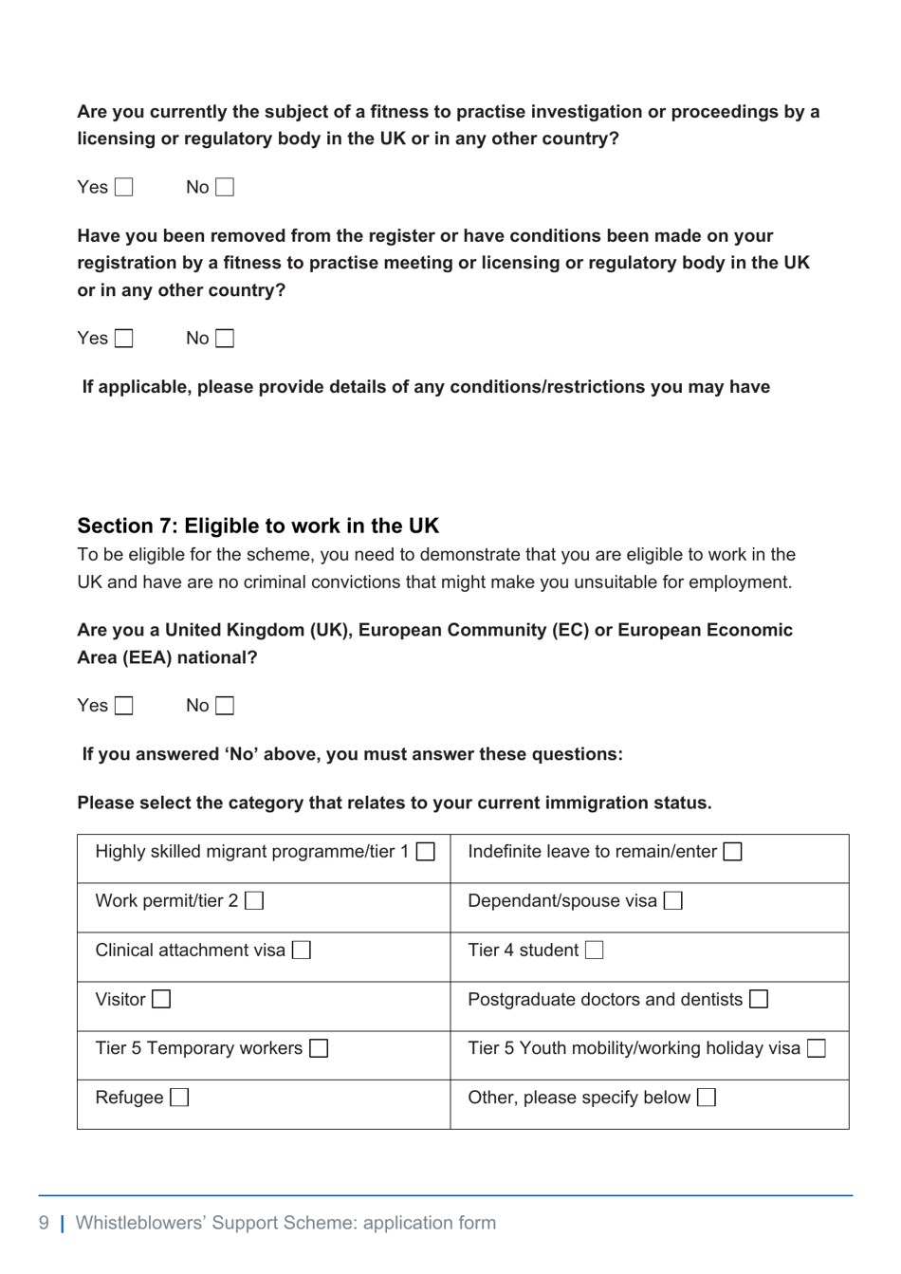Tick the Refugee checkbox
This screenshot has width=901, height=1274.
click(x=179, y=1098)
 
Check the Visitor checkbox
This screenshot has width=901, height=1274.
click(x=161, y=999)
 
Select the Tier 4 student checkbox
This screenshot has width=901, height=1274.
click(x=595, y=950)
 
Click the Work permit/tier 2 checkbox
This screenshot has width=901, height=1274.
click(x=254, y=900)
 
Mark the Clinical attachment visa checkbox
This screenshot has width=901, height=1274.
click(x=302, y=950)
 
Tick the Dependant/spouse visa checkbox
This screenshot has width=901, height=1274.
click(x=673, y=900)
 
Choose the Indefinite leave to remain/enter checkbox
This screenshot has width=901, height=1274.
click(x=733, y=852)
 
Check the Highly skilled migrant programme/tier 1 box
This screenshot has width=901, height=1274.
click(x=426, y=852)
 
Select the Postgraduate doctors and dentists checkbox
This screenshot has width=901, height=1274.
click(x=759, y=999)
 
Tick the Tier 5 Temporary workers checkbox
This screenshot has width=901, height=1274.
click(x=320, y=1048)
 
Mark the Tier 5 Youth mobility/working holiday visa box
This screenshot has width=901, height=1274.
click(x=817, y=1048)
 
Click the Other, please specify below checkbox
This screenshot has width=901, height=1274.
click(x=707, y=1098)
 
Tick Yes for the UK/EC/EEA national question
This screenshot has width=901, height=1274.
click(x=124, y=706)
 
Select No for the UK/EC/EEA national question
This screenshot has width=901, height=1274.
click(x=225, y=706)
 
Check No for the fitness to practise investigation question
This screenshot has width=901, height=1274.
click(x=225, y=188)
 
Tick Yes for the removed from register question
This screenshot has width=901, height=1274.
click(x=124, y=339)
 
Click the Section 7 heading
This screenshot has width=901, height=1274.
click(x=258, y=526)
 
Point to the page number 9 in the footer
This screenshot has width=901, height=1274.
click(x=44, y=1223)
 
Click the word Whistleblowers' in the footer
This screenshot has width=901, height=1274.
click(x=139, y=1223)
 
